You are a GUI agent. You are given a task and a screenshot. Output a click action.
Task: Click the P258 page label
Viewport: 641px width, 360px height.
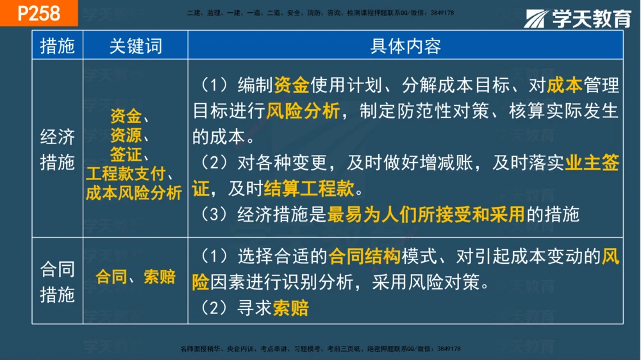pos(38,13)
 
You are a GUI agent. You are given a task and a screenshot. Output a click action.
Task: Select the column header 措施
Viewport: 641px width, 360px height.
pos(57,46)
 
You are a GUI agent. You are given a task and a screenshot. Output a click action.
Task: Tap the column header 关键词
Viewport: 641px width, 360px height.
pos(135,46)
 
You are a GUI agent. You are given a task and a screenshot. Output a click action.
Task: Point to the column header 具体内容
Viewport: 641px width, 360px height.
pos(405,46)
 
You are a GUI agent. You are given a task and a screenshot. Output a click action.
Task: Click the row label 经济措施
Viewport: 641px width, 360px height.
pos(57,149)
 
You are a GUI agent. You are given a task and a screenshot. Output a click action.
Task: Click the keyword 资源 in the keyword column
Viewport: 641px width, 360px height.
pos(126,135)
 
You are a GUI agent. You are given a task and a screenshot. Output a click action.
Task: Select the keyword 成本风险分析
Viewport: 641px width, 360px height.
pos(135,193)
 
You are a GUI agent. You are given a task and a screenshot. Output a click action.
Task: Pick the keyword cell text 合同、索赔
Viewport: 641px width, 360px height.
pos(135,277)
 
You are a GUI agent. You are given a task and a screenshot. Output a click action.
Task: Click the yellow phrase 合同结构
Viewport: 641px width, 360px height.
pos(364,258)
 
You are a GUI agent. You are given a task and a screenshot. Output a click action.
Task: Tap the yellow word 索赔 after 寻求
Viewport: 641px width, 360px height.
pos(291,309)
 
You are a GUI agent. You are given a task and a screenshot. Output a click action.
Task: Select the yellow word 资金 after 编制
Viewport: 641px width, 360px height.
pos(292,85)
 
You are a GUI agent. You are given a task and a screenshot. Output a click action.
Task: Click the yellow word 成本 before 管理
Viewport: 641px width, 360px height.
pos(565,85)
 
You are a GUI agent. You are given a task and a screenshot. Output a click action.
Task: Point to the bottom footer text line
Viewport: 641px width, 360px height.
pos(320,349)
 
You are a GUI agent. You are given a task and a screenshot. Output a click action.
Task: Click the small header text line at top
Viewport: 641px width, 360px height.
pos(320,13)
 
